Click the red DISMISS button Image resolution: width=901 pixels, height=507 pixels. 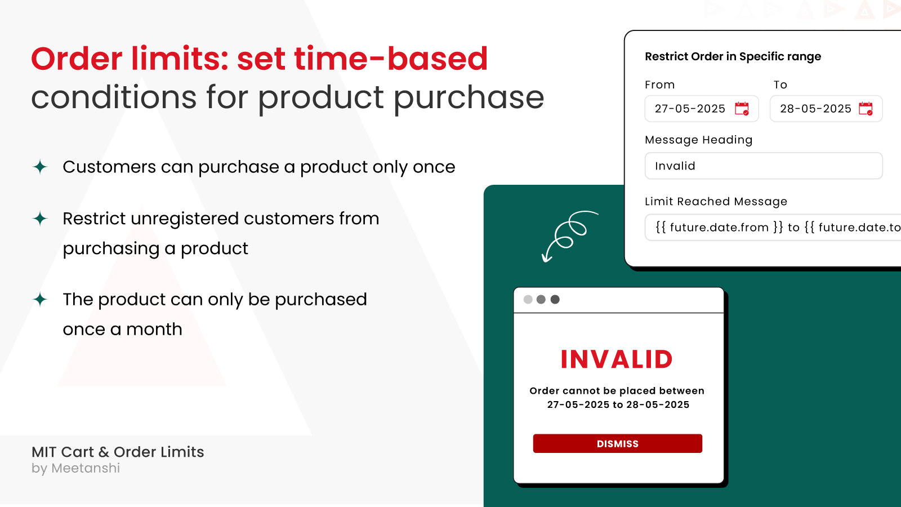coord(617,443)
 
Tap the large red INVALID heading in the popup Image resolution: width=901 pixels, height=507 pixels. coord(617,359)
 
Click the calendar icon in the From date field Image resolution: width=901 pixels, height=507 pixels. coord(742,109)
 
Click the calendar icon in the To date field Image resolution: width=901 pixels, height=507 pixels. coord(866,109)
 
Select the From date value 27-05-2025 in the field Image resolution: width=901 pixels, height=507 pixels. coord(690,109)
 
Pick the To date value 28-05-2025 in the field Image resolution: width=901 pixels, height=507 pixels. coord(815,109)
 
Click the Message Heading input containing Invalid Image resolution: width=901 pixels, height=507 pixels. coord(763,166)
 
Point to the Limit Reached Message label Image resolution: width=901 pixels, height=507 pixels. coord(716,202)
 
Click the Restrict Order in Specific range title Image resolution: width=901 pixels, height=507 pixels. coord(733,56)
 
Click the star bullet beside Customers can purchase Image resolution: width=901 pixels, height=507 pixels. coord(40,167)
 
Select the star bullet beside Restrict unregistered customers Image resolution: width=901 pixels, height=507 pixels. coord(40,219)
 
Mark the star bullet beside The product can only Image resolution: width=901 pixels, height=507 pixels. coord(40,299)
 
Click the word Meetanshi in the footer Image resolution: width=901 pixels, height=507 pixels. coord(86,468)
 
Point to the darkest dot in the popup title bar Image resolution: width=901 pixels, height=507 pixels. coord(555,299)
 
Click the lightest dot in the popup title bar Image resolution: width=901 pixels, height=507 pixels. coord(528,299)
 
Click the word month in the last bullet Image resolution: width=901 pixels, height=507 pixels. coord(154,329)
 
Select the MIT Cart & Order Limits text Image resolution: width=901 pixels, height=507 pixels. coord(118,452)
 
